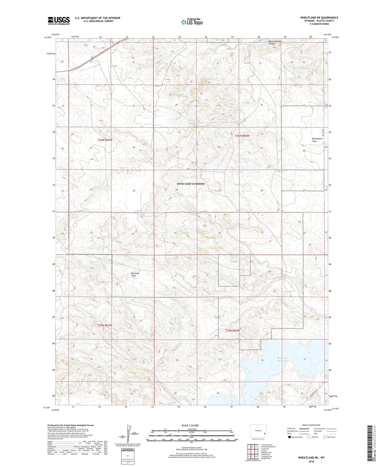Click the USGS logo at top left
tap(59, 21)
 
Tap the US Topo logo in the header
tap(192, 22)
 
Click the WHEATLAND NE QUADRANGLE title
tap(319, 18)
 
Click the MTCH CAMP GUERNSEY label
tap(191, 184)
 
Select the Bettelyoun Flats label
tap(317, 140)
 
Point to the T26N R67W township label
tap(105, 140)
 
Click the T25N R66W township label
tap(232, 330)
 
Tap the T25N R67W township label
tap(105, 325)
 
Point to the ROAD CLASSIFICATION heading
tap(311, 425)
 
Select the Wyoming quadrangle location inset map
tap(258, 431)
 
